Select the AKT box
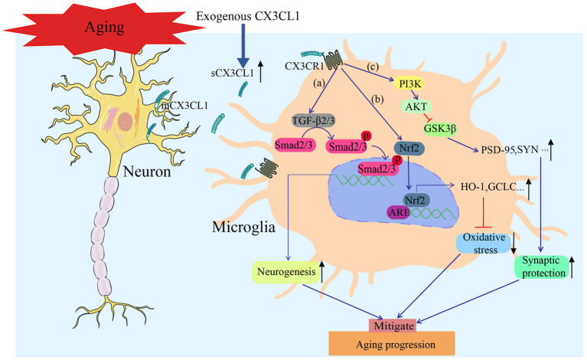coord(416,106)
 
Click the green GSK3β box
coord(439,129)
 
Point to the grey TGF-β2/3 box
coord(313,120)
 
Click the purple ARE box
coord(398,213)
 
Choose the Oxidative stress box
coord(484,244)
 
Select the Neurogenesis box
coord(286,272)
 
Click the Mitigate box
coord(394,326)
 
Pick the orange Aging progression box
coord(392,343)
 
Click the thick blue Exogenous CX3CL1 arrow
coord(243,45)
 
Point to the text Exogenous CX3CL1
coord(248,16)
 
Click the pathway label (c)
coord(372,67)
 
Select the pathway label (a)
coord(319,83)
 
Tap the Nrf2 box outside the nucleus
coord(409,148)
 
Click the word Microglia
coord(243,227)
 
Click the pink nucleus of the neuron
coord(126,121)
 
